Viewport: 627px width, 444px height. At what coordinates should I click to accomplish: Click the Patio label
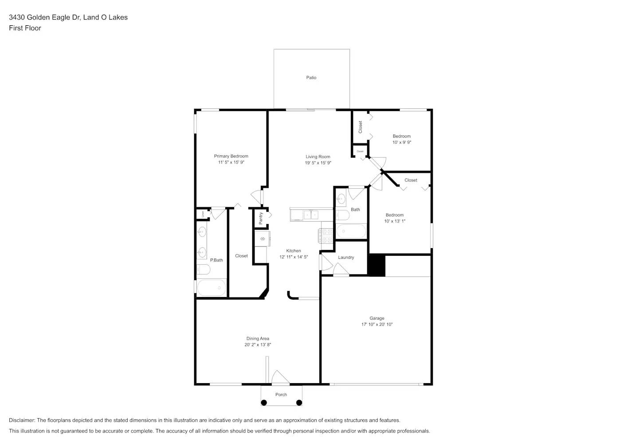[x=311, y=78]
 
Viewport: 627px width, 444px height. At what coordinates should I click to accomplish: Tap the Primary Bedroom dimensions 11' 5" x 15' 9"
[x=231, y=163]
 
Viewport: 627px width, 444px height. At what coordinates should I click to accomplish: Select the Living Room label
[x=317, y=157]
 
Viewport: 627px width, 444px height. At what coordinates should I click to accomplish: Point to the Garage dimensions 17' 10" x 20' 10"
[x=376, y=325]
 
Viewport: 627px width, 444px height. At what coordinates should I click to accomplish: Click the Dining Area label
[x=258, y=339]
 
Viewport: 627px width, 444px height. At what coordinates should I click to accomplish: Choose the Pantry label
[x=261, y=218]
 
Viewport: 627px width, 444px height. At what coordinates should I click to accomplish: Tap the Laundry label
[x=346, y=258]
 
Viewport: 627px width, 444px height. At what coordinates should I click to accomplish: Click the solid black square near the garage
[x=376, y=265]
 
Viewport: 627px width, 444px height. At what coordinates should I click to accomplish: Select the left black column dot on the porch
[x=264, y=403]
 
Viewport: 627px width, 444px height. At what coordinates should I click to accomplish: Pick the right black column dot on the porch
[x=299, y=403]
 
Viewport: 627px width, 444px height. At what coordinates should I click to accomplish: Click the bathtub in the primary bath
[x=212, y=288]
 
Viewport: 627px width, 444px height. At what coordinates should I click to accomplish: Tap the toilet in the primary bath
[x=204, y=269]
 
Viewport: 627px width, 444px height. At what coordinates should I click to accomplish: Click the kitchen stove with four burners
[x=326, y=236]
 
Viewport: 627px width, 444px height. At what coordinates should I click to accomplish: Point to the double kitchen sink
[x=310, y=215]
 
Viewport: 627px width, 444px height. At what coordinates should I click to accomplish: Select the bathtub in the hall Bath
[x=351, y=231]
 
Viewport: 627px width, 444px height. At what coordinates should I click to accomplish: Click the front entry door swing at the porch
[x=280, y=377]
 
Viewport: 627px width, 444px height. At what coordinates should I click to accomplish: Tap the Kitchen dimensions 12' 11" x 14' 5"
[x=293, y=257]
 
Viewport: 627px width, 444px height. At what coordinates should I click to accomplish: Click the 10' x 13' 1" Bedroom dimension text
[x=394, y=221]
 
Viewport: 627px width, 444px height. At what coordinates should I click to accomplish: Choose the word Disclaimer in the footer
[x=22, y=420]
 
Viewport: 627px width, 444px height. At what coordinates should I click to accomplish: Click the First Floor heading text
[x=25, y=28]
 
